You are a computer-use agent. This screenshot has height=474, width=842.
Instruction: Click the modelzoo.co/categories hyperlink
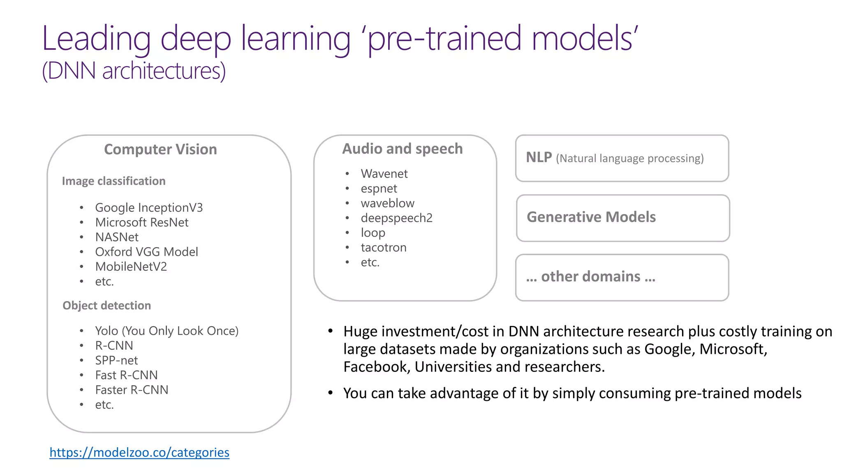(139, 452)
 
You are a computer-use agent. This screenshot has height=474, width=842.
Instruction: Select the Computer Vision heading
(160, 149)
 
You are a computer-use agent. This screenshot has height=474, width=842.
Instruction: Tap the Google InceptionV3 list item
(149, 208)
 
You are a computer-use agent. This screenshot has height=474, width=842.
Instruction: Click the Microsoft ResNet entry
(141, 223)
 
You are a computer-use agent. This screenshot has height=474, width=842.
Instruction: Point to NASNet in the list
(117, 237)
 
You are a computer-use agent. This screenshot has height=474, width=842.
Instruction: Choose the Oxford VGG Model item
(146, 252)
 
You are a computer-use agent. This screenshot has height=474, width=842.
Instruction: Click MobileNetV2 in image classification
(131, 267)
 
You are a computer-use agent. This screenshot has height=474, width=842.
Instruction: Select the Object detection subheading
(106, 305)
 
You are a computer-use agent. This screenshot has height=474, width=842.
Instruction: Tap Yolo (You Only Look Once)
(167, 331)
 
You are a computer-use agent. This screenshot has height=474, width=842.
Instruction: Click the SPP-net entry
(116, 360)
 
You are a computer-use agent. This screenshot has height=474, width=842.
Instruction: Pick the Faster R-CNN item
(132, 390)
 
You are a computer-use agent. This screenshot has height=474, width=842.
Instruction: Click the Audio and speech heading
(402, 149)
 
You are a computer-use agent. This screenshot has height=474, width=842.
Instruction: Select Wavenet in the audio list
(384, 174)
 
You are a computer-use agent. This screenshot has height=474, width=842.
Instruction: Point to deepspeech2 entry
(396, 218)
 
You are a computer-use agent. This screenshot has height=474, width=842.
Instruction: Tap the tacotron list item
(383, 248)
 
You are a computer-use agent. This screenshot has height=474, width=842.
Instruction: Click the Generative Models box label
(591, 217)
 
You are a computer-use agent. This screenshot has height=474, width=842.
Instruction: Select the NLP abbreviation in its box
(539, 158)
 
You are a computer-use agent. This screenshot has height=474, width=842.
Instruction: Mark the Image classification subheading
(113, 181)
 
